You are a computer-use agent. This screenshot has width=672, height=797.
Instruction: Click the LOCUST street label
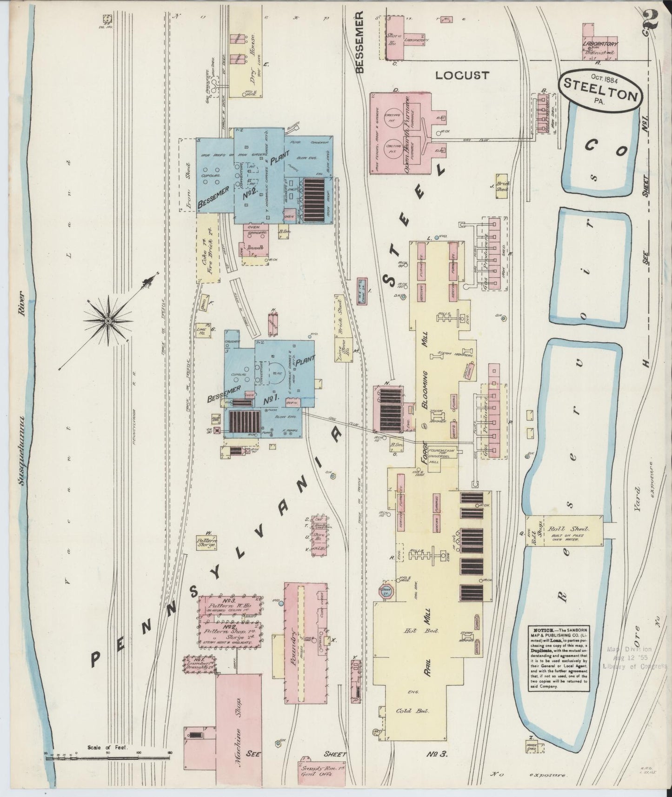coord(462,75)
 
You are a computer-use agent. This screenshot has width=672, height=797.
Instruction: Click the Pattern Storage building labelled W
coord(206,543)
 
